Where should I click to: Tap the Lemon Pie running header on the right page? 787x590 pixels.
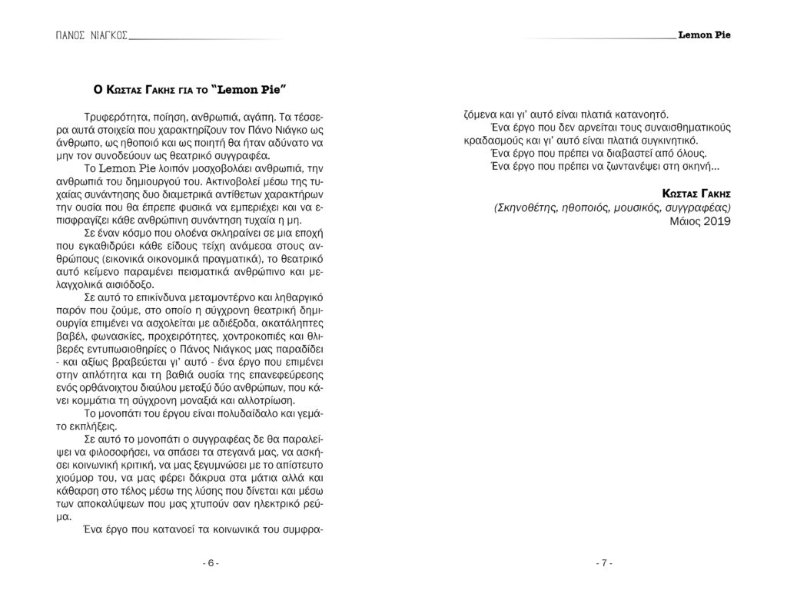point(705,35)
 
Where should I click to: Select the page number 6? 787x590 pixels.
point(211,564)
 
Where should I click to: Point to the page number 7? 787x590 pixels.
point(604,564)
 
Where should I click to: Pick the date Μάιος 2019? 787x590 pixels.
point(699,221)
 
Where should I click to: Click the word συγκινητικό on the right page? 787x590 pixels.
point(666,141)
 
